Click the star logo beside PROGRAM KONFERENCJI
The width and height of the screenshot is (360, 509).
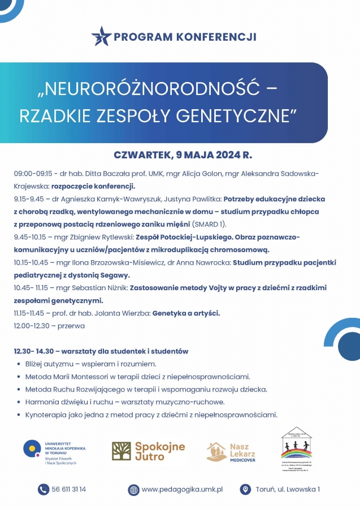pyautogui.click(x=101, y=36)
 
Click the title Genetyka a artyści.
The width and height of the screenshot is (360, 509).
pyautogui.click(x=186, y=313)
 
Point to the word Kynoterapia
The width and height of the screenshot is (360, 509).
pyautogui.click(x=46, y=415)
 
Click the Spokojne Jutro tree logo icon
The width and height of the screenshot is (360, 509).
pyautogui.click(x=121, y=451)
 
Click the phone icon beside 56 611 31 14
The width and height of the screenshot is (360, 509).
pyautogui.click(x=43, y=489)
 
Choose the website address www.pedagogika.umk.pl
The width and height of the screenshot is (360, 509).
pyautogui.click(x=182, y=489)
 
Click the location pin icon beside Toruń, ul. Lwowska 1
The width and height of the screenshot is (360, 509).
pyautogui.click(x=245, y=489)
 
